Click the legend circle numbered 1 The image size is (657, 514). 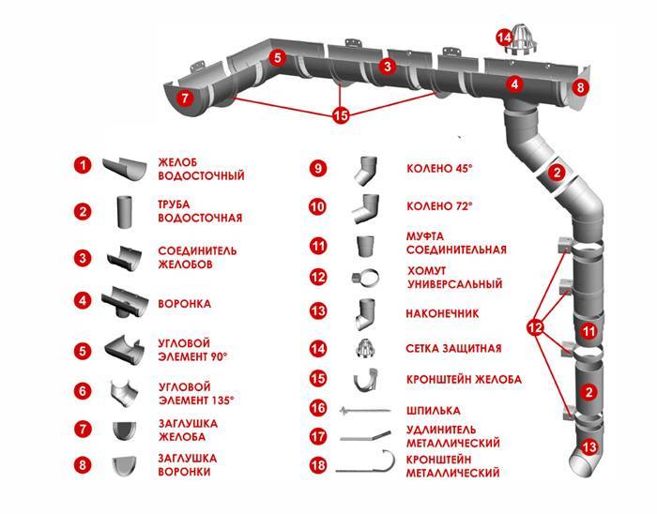pyautogui.click(x=84, y=165)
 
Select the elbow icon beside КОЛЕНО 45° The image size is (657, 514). pyautogui.click(x=362, y=170)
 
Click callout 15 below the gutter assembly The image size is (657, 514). pyautogui.click(x=341, y=116)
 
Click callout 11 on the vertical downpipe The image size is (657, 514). pyautogui.click(x=588, y=331)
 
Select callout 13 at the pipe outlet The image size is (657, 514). pyautogui.click(x=588, y=446)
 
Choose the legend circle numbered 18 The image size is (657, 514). pyautogui.click(x=318, y=466)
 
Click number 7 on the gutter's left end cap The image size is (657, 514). pyautogui.click(x=185, y=96)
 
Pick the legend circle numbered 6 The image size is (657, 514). pyautogui.click(x=84, y=389)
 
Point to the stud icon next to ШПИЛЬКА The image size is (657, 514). pyautogui.click(x=363, y=410)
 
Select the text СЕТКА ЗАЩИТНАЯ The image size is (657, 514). pyautogui.click(x=453, y=348)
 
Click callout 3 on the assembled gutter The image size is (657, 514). pyautogui.click(x=386, y=66)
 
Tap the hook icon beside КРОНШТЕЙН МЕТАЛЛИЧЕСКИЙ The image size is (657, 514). pyautogui.click(x=366, y=466)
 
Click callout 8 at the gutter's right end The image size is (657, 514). pyautogui.click(x=581, y=88)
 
